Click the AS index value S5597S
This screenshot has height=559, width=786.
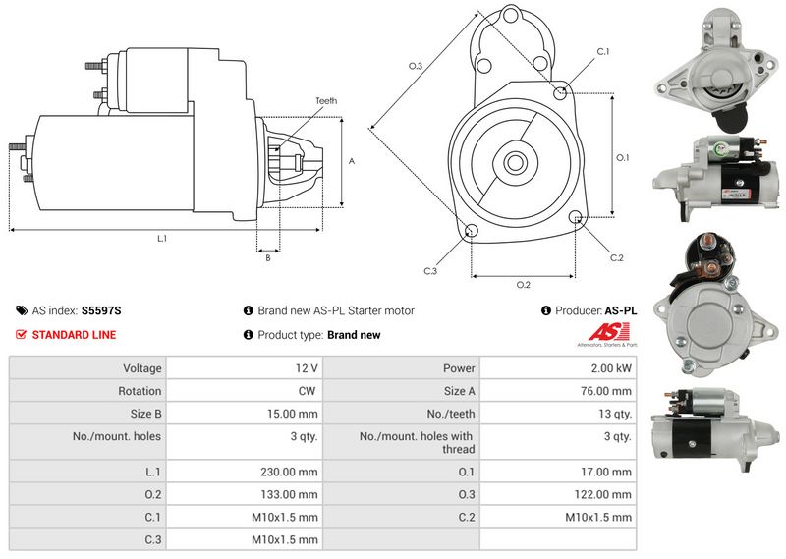[x=101, y=310]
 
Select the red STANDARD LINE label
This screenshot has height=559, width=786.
[x=74, y=335]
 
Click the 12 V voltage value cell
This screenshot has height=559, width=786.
[x=306, y=368]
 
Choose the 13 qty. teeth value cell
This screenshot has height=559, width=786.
[x=616, y=414]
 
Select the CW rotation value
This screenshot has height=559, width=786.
[x=307, y=391]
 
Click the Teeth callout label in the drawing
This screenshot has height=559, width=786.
[x=326, y=101]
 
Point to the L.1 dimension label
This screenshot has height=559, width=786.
[x=162, y=239]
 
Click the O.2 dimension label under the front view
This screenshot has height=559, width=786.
[x=524, y=285]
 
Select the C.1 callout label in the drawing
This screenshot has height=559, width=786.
[x=602, y=51]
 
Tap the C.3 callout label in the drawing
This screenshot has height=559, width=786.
[x=430, y=270]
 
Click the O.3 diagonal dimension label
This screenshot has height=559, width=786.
[x=416, y=66]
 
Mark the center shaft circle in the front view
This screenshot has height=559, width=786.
[x=515, y=161]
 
